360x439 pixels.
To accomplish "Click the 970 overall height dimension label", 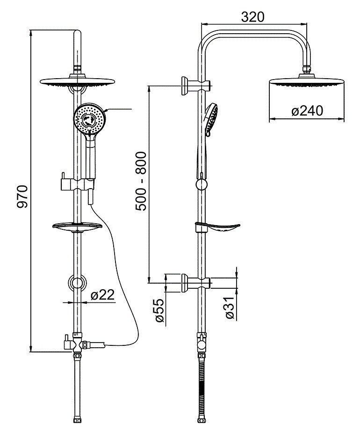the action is click(x=22, y=197).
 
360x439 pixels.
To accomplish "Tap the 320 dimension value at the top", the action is click(x=253, y=17).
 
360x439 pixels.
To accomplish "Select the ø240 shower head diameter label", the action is click(x=307, y=111).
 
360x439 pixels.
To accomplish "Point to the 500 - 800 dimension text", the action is click(x=141, y=181).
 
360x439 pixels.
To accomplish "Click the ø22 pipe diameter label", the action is click(x=103, y=294).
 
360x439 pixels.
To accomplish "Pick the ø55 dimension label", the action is click(x=159, y=310).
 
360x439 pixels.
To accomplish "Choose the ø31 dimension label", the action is click(x=230, y=308).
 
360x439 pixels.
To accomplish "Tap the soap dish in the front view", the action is click(x=77, y=227).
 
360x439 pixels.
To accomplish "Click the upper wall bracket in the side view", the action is click(x=195, y=85).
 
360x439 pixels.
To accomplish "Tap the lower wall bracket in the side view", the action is click(x=195, y=283).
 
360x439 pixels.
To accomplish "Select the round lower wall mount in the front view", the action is click(x=78, y=283).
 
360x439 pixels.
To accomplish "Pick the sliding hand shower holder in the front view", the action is click(x=77, y=184).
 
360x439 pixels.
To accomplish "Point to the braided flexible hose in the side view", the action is click(x=202, y=388).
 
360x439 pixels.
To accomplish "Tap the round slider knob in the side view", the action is click(x=202, y=184).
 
